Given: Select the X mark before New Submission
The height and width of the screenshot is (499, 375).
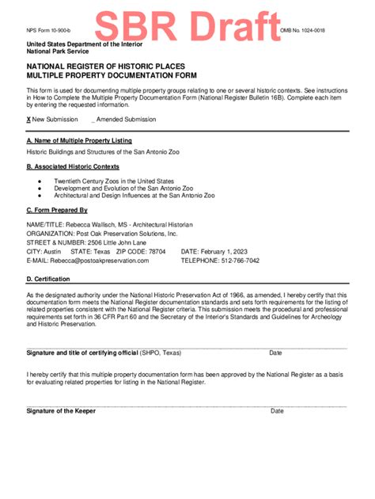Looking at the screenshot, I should pyautogui.click(x=28, y=119).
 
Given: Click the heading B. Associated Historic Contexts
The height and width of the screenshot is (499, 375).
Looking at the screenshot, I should pyautogui.click(x=73, y=167).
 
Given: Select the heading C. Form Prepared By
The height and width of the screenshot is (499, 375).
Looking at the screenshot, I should pyautogui.click(x=56, y=211).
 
